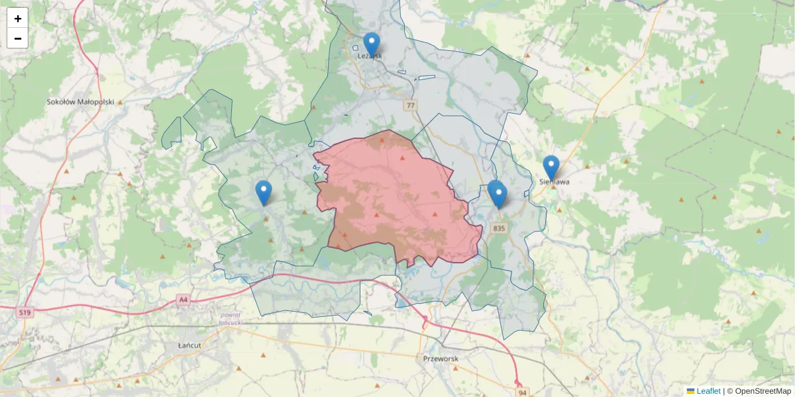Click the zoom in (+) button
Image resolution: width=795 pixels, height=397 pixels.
pyautogui.click(x=17, y=18)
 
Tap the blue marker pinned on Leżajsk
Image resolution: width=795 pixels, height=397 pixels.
pyautogui.click(x=372, y=44)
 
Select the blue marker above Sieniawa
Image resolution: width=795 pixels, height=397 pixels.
pyautogui.click(x=551, y=167)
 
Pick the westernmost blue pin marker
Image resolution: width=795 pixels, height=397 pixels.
pyautogui.click(x=264, y=192)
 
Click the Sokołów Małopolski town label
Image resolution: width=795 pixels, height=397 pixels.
pyautogui.click(x=81, y=102)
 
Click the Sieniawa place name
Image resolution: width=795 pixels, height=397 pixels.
pyautogui.click(x=555, y=182)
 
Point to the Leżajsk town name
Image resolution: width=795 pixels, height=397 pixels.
pyautogui.click(x=370, y=56)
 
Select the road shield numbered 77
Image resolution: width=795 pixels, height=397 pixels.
pyautogui.click(x=411, y=105)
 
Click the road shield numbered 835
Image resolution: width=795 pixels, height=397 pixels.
pyautogui.click(x=500, y=228)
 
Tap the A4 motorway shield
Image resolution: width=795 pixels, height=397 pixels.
pyautogui.click(x=184, y=300)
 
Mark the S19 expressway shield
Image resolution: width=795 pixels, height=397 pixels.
pyautogui.click(x=25, y=312)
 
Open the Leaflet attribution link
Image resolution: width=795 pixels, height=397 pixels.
pyautogui.click(x=708, y=391)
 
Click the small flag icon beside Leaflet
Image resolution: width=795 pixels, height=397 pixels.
pyautogui.click(x=690, y=391)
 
